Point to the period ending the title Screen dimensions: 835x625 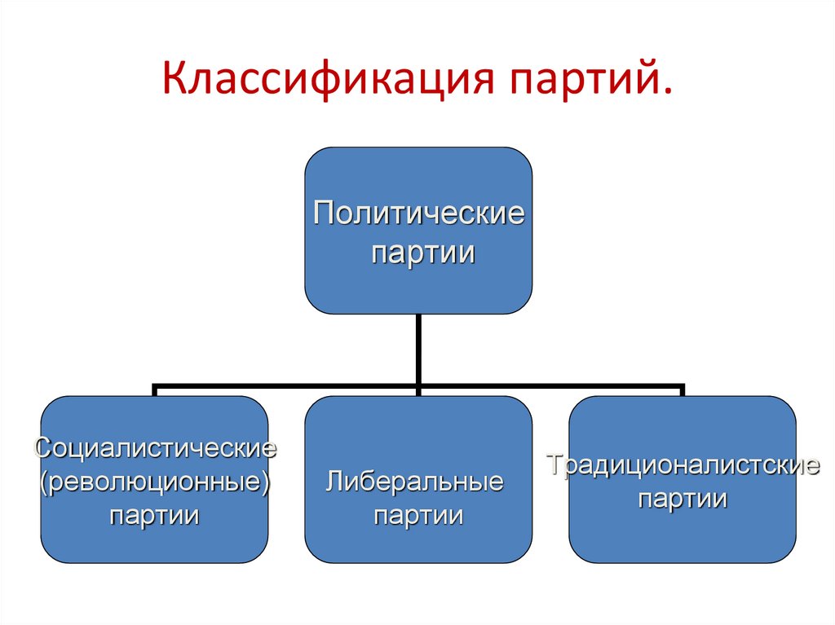pos(669,97)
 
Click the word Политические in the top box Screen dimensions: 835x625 pos(419,215)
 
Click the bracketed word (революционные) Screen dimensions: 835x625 pos(155,482)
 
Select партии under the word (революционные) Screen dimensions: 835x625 pos(155,515)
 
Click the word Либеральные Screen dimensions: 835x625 pos(414,481)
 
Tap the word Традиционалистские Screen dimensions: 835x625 pos(683,465)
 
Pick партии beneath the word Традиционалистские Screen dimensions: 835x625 pos(683,499)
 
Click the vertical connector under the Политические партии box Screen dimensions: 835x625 pos(418,346)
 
